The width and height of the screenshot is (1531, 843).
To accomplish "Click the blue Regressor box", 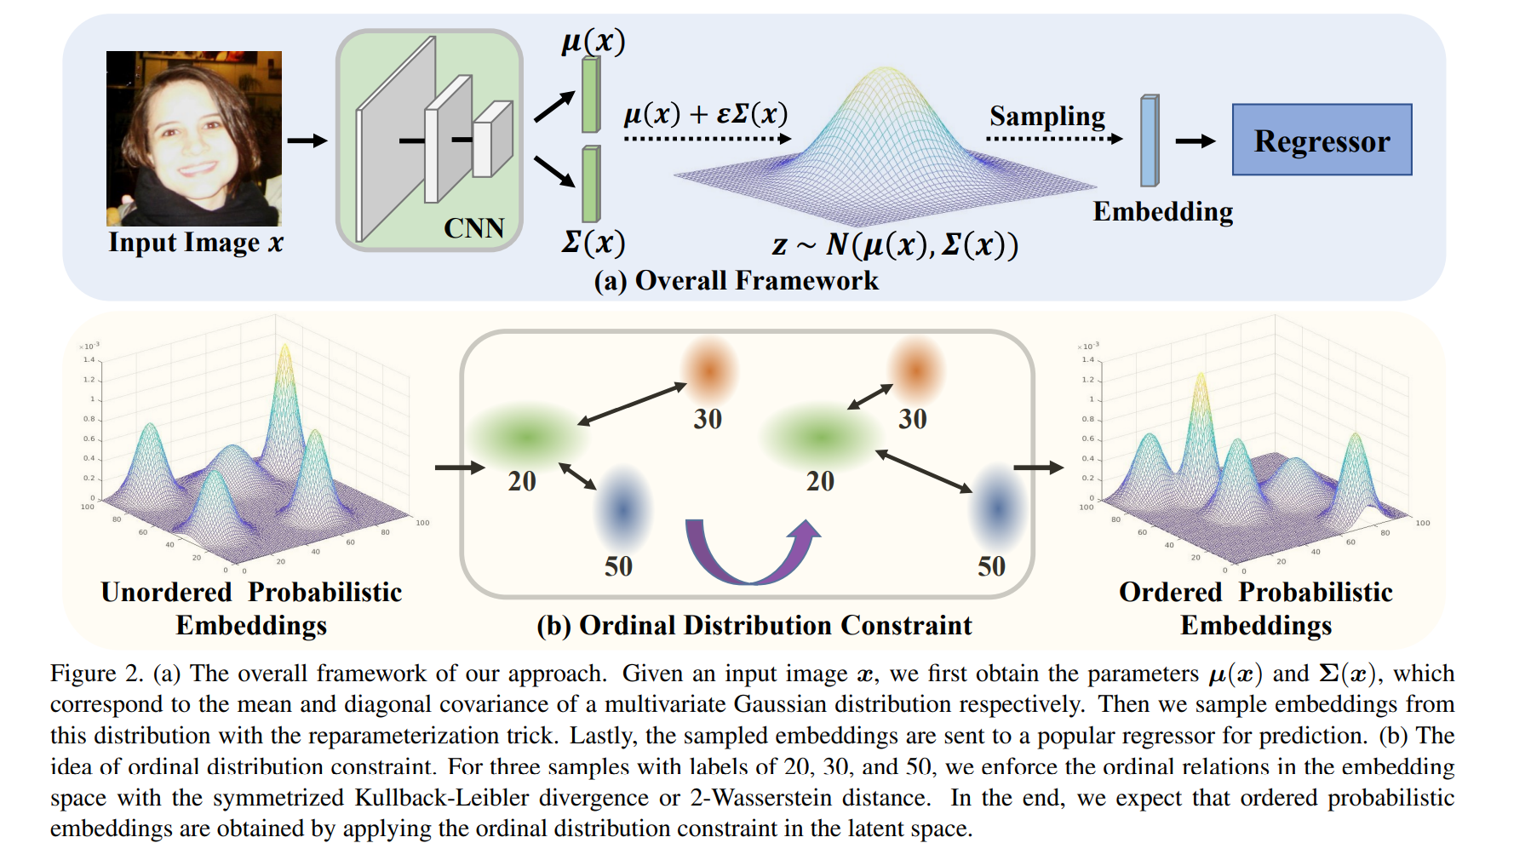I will pyautogui.click(x=1322, y=140).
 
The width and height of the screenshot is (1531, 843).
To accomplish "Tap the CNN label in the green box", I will pyautogui.click(x=473, y=228).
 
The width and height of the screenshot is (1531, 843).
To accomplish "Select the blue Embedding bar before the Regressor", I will pyautogui.click(x=1149, y=140).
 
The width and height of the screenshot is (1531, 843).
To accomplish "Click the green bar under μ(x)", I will pyautogui.click(x=591, y=95).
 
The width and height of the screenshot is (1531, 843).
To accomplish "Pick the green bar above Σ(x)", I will pyautogui.click(x=591, y=184).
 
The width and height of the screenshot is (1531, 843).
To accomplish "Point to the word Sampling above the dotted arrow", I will pyautogui.click(x=1046, y=116).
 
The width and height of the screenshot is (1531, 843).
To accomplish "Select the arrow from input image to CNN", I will pyautogui.click(x=307, y=140).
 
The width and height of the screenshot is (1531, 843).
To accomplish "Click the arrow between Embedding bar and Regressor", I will pyautogui.click(x=1195, y=141).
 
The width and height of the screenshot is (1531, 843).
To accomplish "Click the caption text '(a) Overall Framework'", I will pyautogui.click(x=736, y=280).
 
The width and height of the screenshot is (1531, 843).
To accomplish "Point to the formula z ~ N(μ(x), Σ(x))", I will pyautogui.click(x=894, y=245).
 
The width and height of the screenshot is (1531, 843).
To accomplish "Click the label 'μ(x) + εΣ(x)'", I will pyautogui.click(x=705, y=114).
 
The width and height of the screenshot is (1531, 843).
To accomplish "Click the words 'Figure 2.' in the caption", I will pyautogui.click(x=95, y=674).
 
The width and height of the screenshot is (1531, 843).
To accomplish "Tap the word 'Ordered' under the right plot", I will pyautogui.click(x=1170, y=592).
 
